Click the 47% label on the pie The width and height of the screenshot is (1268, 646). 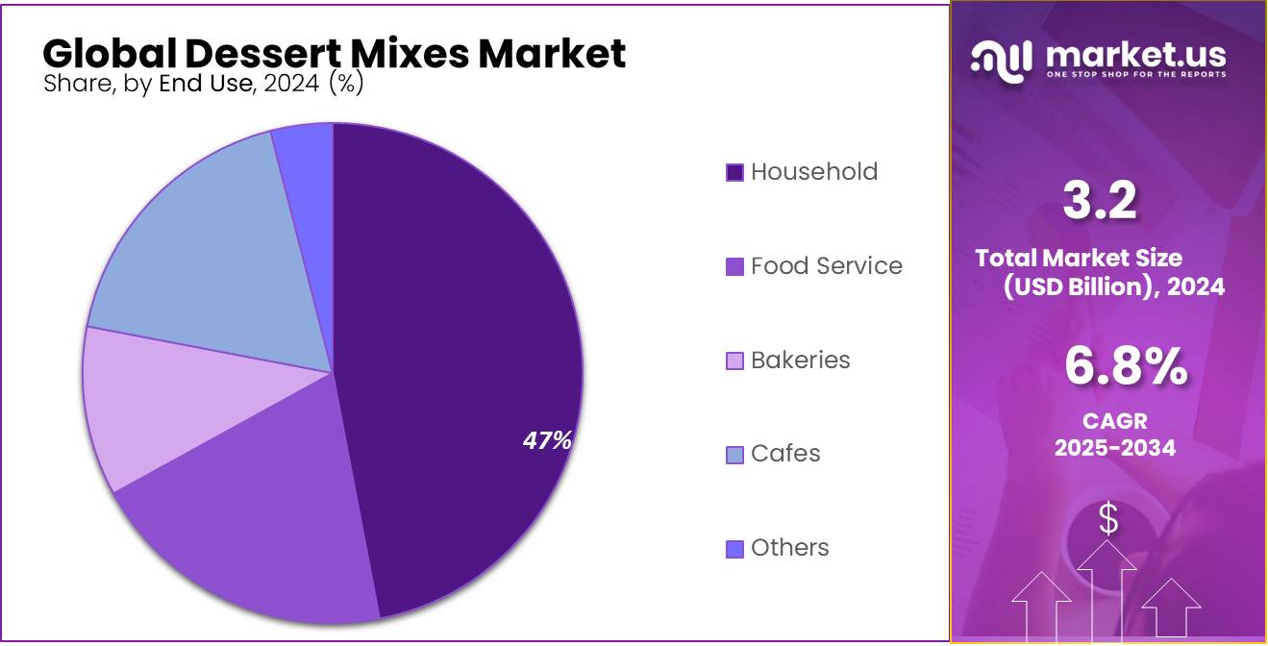pos(547,440)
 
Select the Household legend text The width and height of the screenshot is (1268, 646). pos(814,172)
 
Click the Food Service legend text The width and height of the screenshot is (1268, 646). pos(827,266)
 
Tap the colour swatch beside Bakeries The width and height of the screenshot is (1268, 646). pos(734,361)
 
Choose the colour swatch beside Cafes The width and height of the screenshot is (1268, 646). pos(734,455)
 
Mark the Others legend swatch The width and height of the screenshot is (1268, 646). pos(734,549)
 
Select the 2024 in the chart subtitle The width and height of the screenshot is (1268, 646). pos(291,84)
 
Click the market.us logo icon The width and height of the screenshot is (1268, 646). pos(1001,60)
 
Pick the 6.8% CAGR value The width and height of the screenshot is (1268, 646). pos(1125,367)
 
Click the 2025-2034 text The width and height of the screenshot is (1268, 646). pos(1114,447)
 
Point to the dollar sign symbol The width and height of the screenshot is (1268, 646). pos(1108,519)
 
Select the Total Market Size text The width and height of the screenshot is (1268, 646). pos(1079,258)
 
